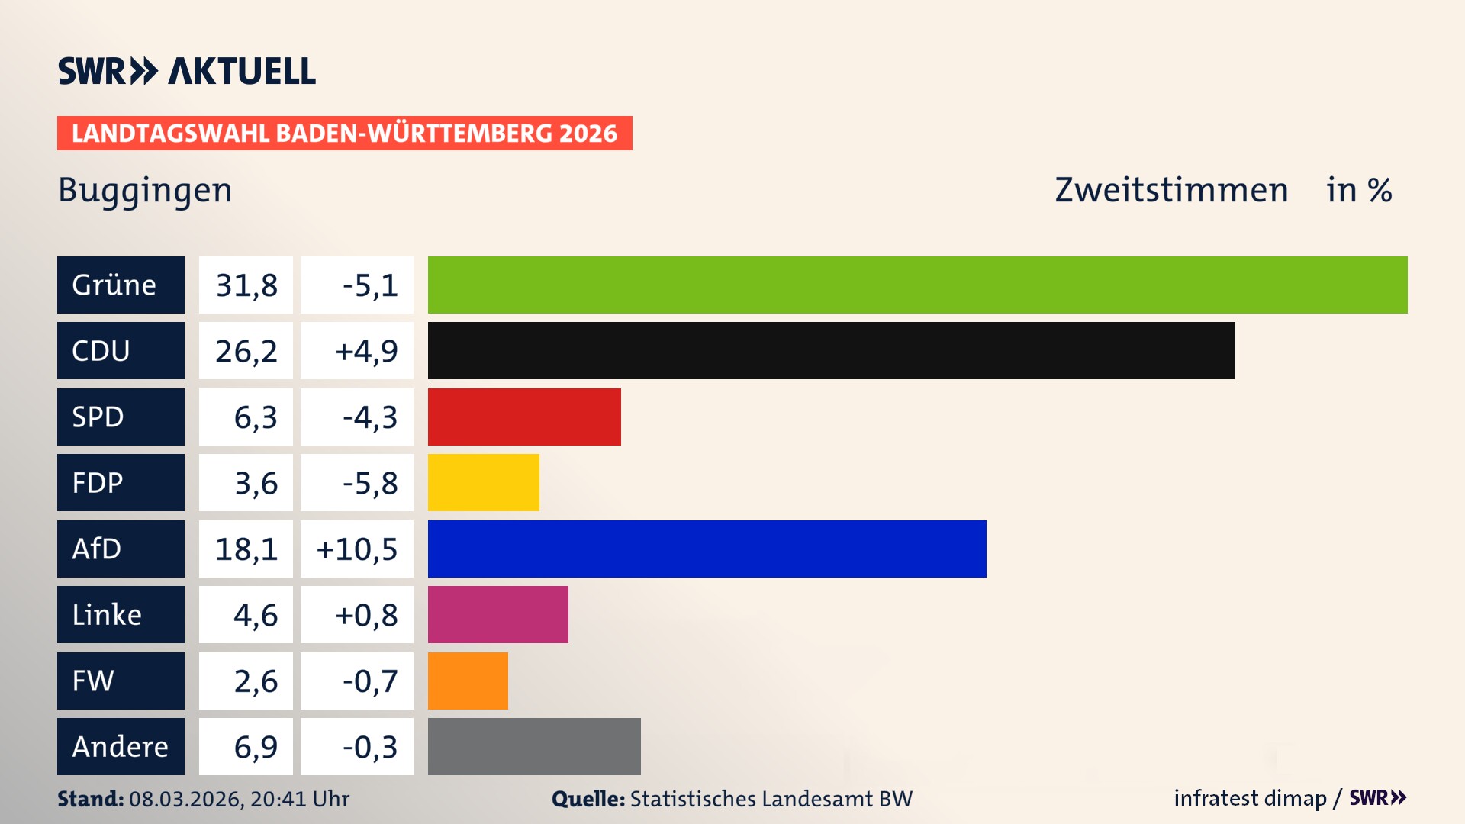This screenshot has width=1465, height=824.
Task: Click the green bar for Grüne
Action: pyautogui.click(x=917, y=285)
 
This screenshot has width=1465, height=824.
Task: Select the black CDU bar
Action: pyautogui.click(x=831, y=350)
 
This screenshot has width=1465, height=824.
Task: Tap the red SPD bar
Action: pyautogui.click(x=524, y=417)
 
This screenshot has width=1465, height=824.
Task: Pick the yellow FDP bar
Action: pyautogui.click(x=483, y=482)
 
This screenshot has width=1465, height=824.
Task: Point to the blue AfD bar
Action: pyautogui.click(x=707, y=549)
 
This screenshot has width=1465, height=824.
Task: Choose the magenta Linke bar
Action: pyautogui.click(x=497, y=614)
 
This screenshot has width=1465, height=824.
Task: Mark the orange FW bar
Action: pyautogui.click(x=468, y=681)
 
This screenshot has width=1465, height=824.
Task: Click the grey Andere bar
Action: pyautogui.click(x=534, y=746)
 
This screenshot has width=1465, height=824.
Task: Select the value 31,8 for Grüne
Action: pyautogui.click(x=246, y=285)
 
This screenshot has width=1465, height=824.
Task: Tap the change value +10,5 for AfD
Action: pyautogui.click(x=357, y=549)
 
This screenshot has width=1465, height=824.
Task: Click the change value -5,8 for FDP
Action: pyautogui.click(x=370, y=483)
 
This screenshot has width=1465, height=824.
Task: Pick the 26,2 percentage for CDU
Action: pyautogui.click(x=246, y=351)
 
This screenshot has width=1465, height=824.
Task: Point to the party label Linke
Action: pyautogui.click(x=107, y=615)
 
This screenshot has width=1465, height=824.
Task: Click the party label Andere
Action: pyautogui.click(x=120, y=747)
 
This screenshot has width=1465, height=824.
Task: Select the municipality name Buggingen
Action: pyautogui.click(x=145, y=190)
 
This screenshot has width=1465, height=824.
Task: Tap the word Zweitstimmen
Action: pyautogui.click(x=1171, y=190)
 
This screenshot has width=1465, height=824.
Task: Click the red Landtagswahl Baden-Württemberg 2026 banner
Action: pyautogui.click(x=344, y=134)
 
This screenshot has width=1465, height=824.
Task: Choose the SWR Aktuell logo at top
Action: pyautogui.click(x=187, y=71)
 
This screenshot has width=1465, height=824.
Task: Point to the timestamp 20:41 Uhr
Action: pyautogui.click(x=300, y=799)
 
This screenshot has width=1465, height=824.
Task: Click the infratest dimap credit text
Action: pyautogui.click(x=1250, y=798)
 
